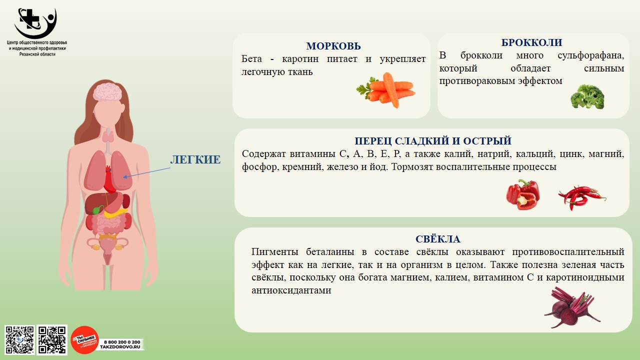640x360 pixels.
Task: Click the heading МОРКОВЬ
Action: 333,46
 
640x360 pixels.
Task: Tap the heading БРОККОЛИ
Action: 531,42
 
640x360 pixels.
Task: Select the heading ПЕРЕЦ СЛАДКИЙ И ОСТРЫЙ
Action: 433,141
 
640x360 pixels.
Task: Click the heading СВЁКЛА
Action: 437,239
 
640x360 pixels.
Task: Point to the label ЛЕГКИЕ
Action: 195,159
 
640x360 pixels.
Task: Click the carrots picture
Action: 385,90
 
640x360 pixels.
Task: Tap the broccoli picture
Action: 587,96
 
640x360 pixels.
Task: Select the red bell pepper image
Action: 523,195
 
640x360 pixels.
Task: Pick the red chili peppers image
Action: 581,197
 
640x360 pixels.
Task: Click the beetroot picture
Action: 572,307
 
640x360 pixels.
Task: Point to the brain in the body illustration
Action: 108,91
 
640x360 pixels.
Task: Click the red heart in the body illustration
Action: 109,179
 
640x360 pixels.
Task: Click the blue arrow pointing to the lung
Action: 146,172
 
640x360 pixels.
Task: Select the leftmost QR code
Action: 19,339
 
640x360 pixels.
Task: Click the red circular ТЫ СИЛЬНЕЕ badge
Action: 84,340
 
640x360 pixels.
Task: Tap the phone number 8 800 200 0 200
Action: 122,342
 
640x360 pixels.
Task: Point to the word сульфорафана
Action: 591,55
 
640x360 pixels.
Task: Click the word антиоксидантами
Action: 291,290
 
